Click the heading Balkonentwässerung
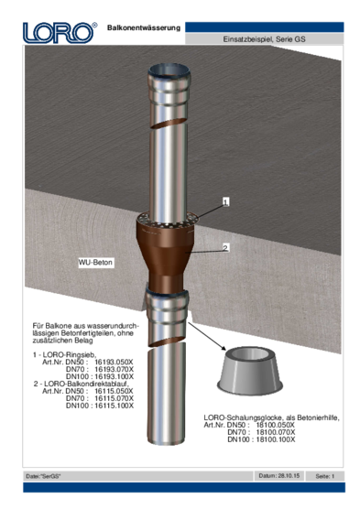point(144,27)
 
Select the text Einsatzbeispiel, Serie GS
point(264,39)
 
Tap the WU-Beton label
point(95,263)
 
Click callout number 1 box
point(226,202)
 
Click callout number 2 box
point(225,248)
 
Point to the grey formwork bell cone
point(250,371)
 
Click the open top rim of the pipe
point(169,70)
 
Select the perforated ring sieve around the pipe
point(168,221)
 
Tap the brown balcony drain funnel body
point(166,256)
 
